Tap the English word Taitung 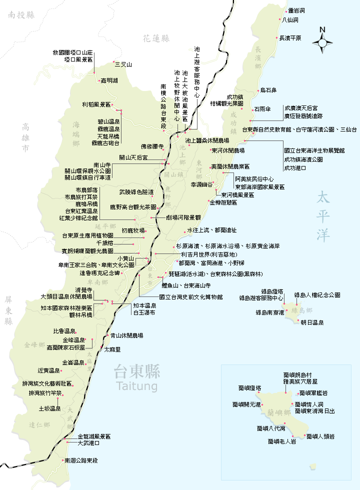tap(135, 386)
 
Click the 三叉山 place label tap(123, 64)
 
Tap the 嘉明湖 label tap(109, 80)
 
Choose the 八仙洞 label tap(290, 20)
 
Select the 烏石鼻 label tap(268, 90)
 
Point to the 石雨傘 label tap(262, 108)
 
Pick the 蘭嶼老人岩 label tap(281, 441)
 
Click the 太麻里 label tap(112, 350)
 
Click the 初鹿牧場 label tap(133, 230)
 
